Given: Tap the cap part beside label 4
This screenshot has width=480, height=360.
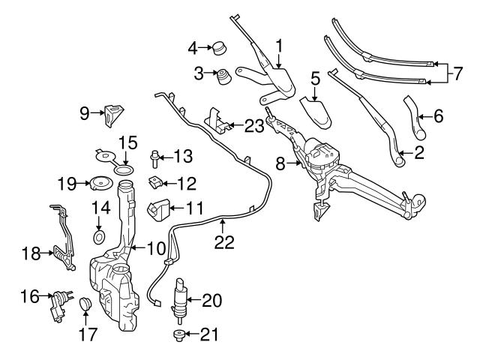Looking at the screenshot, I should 219,49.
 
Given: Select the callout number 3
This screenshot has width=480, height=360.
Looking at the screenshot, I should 199,73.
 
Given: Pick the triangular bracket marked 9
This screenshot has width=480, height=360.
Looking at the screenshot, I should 114,114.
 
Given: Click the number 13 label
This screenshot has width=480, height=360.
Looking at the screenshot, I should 182,157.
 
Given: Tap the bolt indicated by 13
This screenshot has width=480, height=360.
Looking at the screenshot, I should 154,157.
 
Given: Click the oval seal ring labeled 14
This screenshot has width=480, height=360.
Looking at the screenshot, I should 99,238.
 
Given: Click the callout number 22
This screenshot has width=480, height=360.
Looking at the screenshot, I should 224,242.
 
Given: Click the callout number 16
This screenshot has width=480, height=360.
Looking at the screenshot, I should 29,298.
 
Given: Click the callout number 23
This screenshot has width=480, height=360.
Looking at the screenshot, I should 253,127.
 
